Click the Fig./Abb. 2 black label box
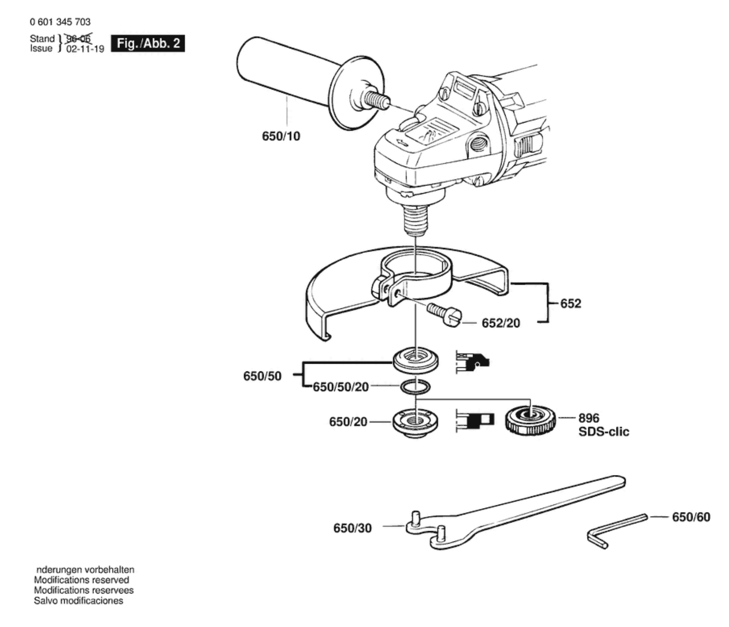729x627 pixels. point(148,43)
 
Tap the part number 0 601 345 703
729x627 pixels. point(60,22)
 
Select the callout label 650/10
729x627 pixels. point(281,136)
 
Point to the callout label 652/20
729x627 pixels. point(501,323)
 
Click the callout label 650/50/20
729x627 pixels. point(341,387)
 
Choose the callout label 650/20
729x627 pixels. point(348,422)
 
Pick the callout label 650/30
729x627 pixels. point(352,528)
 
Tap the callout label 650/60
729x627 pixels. point(691,517)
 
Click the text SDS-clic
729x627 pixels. point(604,432)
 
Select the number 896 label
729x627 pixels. point(589,418)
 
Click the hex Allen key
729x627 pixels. point(617,531)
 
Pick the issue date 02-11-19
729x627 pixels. point(85,49)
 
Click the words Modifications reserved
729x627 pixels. point(81,580)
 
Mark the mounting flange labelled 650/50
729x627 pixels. point(416,359)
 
